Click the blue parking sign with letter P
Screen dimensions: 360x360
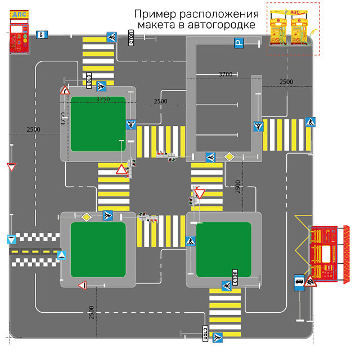coord(239,42)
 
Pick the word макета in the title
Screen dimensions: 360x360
coord(165,25)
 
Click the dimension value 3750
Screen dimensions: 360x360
coord(103,100)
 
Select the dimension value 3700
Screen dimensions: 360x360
coord(226,74)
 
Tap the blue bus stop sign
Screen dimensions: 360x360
coord(299,282)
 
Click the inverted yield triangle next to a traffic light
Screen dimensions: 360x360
coord(200,194)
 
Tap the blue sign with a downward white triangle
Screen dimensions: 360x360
coord(11,240)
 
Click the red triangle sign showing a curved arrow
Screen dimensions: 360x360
coord(65,90)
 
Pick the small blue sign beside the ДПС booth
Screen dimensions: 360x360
coord(41,34)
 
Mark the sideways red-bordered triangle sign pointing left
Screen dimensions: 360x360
coord(82,286)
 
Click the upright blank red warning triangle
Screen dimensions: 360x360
coord(121,170)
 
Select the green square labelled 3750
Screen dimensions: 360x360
coord(98,124)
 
